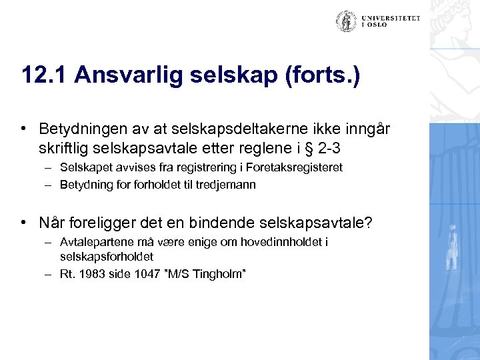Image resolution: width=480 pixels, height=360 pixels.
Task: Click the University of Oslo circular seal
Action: (346, 21)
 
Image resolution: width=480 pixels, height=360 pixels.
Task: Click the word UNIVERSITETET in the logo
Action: (391, 18)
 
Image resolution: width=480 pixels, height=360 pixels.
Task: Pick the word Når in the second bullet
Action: (52, 221)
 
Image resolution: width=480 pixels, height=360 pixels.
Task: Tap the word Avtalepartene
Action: (91, 242)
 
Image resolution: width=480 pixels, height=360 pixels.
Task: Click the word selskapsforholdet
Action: (107, 256)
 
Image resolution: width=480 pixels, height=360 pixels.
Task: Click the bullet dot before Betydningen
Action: (23, 127)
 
